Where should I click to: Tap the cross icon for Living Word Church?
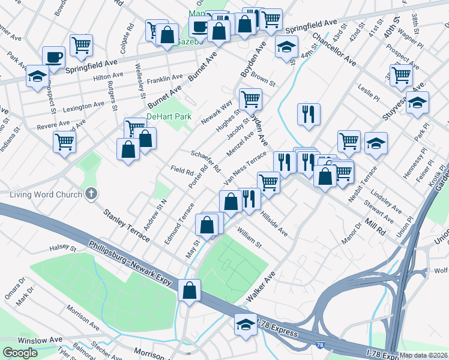click(91, 193)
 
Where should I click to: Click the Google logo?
click(20, 352)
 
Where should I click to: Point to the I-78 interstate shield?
click(320, 344)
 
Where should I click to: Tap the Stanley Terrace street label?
click(127, 226)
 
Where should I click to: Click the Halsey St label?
click(63, 248)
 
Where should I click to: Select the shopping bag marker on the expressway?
click(189, 290)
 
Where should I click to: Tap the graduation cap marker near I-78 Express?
click(246, 325)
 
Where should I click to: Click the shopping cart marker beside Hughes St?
click(250, 98)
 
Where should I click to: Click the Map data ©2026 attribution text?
click(424, 355)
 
